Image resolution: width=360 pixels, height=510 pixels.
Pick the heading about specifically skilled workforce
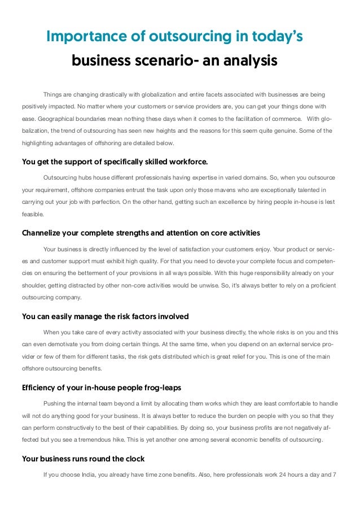click(115, 162)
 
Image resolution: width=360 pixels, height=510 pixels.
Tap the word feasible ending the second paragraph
click(33, 215)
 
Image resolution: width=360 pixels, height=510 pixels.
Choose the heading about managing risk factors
click(105, 316)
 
